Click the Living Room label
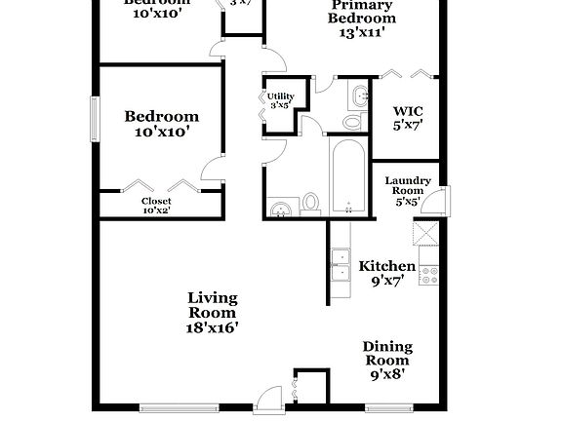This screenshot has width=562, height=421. click(212, 305)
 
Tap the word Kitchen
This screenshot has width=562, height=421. click(386, 266)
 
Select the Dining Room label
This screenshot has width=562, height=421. click(387, 353)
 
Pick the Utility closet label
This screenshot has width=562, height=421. click(279, 100)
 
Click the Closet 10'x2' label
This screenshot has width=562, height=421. click(156, 205)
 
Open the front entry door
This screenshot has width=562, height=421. click(264, 400)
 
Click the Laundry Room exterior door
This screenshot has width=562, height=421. click(441, 203)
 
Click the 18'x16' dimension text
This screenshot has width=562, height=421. click(212, 327)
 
